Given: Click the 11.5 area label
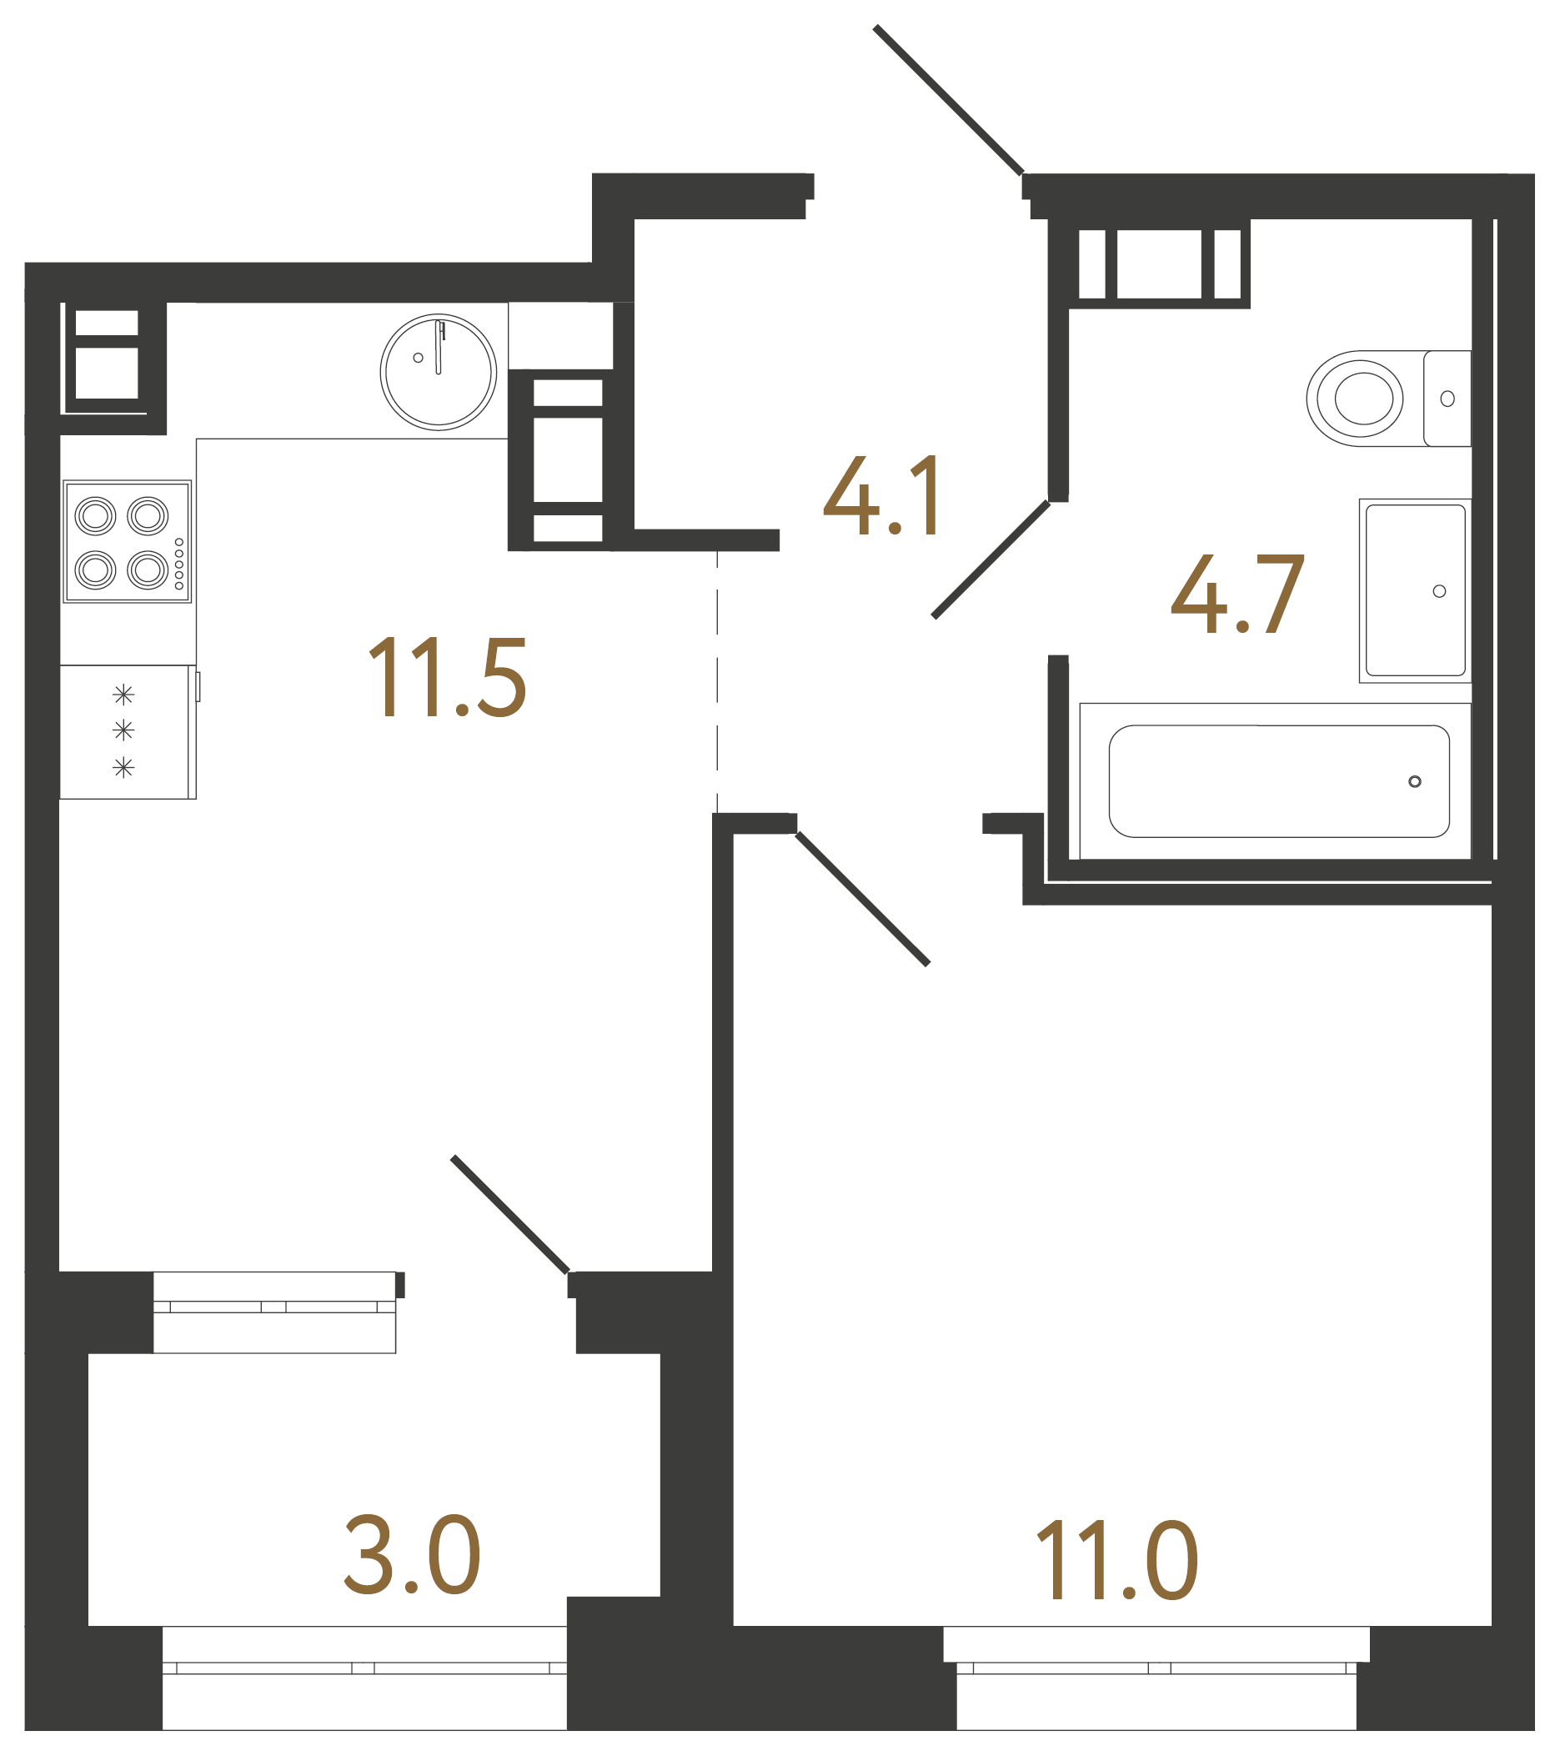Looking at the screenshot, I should click(447, 678).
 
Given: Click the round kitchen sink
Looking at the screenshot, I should click(438, 372).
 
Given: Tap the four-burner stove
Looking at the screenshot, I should click(127, 541).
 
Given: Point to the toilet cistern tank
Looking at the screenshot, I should click(1447, 399).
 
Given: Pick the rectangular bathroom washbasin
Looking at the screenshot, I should click(1415, 591).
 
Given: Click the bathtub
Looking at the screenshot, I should click(1278, 781).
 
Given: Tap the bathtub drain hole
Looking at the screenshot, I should click(1415, 781).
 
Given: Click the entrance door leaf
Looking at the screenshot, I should click(948, 100).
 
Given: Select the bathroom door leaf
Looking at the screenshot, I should click(991, 560).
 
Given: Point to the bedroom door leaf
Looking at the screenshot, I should click(862, 900).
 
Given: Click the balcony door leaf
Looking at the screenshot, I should click(509, 1215).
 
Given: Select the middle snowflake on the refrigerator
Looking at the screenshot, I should click(123, 731).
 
